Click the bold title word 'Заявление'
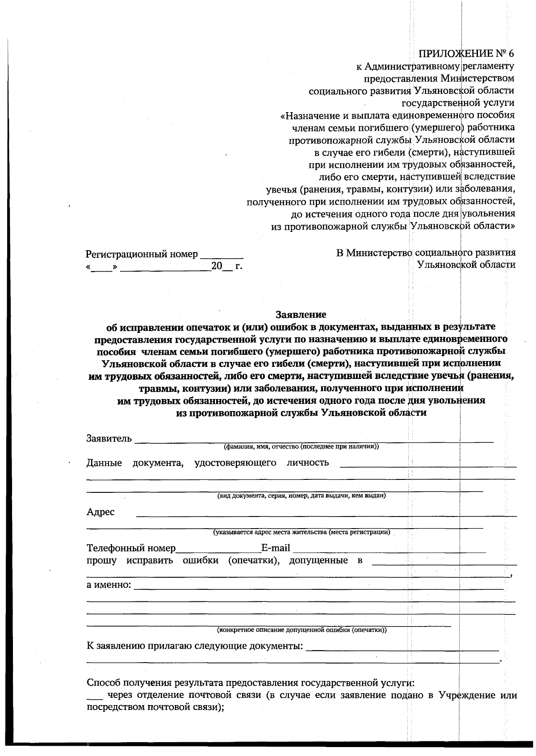pos(301,315)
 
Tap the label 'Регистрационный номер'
pos(142,254)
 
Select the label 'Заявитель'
pos(109,438)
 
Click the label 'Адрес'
pos(100,512)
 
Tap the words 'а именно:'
pos(109,585)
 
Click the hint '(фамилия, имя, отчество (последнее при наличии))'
pos(301,446)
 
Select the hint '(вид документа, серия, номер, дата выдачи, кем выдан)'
pos(301,496)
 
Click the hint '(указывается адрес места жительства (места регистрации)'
pos(301,532)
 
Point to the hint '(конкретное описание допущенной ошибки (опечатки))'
pos(301,630)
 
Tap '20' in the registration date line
pos(217,266)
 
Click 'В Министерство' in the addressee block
pos(374,253)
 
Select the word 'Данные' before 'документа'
pos(104,463)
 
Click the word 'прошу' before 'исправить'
pos(101,560)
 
